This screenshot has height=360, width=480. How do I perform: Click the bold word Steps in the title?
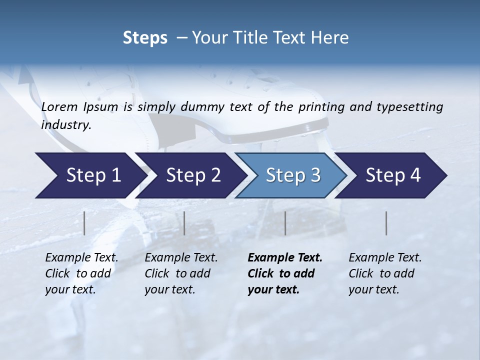pyautogui.click(x=145, y=38)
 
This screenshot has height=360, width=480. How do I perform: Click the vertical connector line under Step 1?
pyautogui.click(x=84, y=223)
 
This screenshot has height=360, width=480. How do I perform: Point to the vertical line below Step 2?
pyautogui.click(x=184, y=223)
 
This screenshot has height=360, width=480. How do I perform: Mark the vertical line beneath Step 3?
pyautogui.click(x=285, y=223)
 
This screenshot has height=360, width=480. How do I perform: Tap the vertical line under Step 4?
pyautogui.click(x=386, y=223)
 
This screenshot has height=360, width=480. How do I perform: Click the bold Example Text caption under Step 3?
pyautogui.click(x=285, y=273)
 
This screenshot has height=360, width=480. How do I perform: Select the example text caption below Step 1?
pyautogui.click(x=81, y=273)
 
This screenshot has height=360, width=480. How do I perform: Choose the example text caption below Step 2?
pyautogui.click(x=181, y=273)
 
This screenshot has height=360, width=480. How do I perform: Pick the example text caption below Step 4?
pyautogui.click(x=385, y=273)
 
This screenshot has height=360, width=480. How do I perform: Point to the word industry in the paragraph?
pyautogui.click(x=66, y=125)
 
